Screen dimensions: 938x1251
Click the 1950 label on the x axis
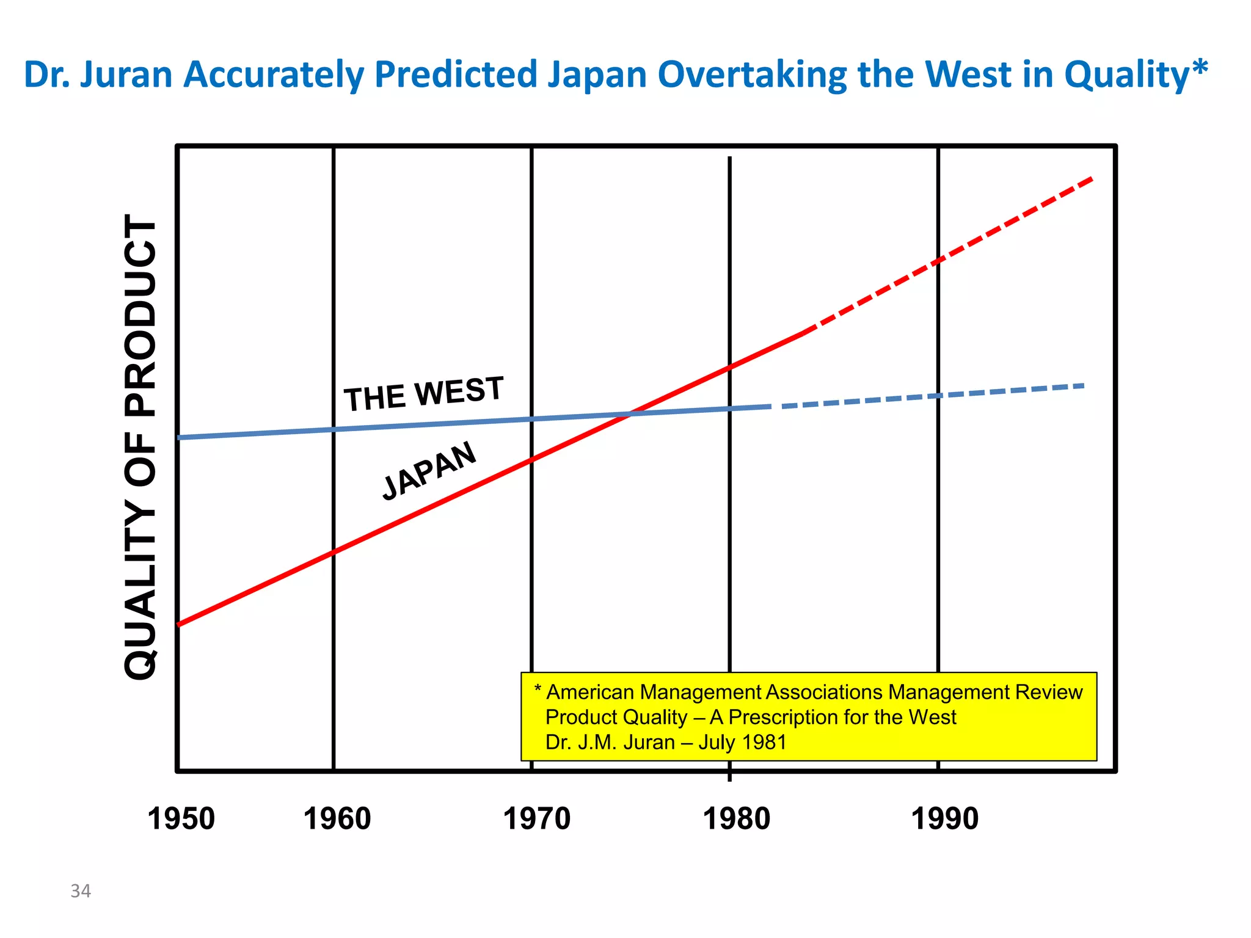click(181, 819)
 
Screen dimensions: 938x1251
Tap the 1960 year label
click(337, 819)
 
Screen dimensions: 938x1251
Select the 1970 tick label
click(536, 819)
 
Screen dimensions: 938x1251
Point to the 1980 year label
click(736, 819)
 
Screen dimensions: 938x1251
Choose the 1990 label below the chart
click(944, 819)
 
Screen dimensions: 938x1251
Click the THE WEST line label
click(423, 394)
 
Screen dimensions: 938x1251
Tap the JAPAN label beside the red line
click(429, 471)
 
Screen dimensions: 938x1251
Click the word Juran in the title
click(126, 75)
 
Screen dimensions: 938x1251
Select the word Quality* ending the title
click(1136, 75)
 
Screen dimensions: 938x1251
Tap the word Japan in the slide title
click(597, 75)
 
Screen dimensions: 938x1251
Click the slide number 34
click(81, 891)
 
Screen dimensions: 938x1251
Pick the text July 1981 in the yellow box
click(742, 743)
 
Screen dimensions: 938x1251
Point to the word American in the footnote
click(589, 692)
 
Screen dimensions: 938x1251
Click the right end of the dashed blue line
click(1083, 385)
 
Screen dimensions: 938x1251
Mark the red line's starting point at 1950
click(180, 624)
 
